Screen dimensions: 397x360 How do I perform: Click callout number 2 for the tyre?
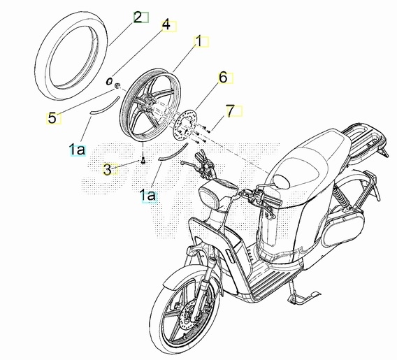tap(138, 17)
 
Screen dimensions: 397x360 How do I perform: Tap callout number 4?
tap(166, 25)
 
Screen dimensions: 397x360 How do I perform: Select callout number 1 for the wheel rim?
tap(198, 41)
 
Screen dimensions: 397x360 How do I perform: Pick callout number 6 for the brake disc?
tap(223, 78)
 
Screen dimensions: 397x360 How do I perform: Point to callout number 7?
tap(231, 111)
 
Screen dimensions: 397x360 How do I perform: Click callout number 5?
tap(52, 118)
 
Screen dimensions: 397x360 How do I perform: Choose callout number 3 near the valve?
tap(108, 169)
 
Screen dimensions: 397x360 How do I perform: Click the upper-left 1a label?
tap(77, 150)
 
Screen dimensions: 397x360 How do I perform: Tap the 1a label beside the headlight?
tap(147, 195)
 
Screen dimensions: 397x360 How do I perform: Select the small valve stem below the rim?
tap(143, 161)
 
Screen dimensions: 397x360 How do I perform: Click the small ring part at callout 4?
tap(109, 82)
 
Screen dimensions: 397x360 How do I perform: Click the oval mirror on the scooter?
tap(281, 182)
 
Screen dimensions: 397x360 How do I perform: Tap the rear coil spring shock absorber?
tap(341, 196)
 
